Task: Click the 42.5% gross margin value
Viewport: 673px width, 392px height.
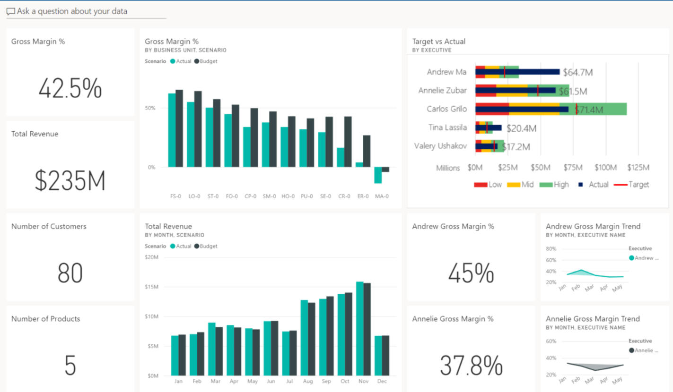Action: click(70, 88)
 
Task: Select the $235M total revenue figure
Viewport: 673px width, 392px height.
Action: click(70, 181)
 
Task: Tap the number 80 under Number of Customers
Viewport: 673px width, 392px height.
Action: click(70, 273)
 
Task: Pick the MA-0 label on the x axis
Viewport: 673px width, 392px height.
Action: click(382, 196)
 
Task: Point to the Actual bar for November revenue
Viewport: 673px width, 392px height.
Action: click(360, 328)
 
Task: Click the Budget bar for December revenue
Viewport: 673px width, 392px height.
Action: click(385, 355)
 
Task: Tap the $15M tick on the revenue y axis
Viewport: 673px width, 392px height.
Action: click(152, 287)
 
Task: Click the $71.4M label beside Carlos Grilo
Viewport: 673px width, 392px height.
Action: click(589, 110)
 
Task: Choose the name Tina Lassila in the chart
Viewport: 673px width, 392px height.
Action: click(447, 128)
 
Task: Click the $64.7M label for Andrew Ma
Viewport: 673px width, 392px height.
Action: click(577, 73)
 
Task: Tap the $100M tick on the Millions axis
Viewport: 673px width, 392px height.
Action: click(605, 168)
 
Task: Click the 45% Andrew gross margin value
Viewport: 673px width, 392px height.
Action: click(471, 273)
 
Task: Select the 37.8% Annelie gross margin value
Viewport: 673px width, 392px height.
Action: click(471, 365)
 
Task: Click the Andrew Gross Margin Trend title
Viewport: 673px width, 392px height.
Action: click(593, 226)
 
